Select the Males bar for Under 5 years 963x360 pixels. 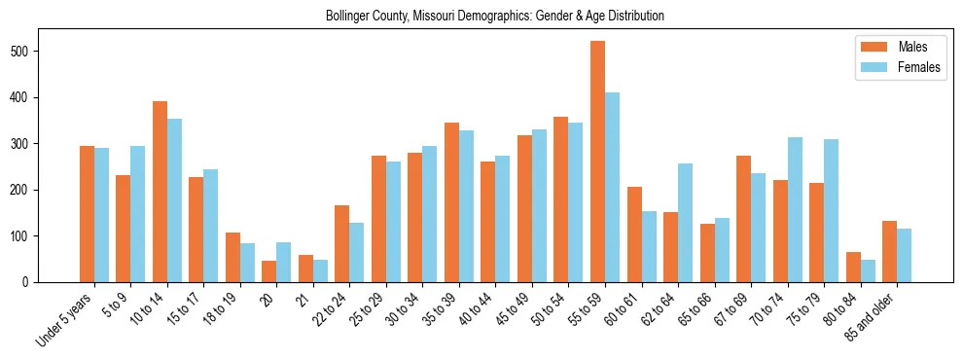tap(87, 214)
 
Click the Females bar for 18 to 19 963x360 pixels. tap(247, 263)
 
